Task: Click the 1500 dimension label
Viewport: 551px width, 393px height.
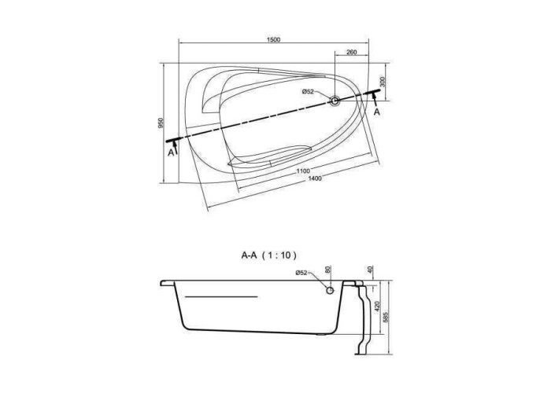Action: pos(273,39)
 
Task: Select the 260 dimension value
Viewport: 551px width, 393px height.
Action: pos(351,53)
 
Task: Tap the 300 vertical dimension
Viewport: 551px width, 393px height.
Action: pos(383,82)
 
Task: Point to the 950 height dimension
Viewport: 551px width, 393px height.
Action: pos(161,123)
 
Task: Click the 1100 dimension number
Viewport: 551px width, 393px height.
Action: pos(303,171)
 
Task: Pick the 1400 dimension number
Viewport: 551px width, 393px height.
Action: pos(315,178)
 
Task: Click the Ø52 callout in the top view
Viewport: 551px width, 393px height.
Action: pos(308,92)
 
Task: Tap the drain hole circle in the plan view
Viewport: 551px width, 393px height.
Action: pos(335,101)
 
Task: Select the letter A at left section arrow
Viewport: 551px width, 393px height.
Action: pos(171,152)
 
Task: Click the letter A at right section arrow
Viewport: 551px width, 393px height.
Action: pos(377,112)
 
